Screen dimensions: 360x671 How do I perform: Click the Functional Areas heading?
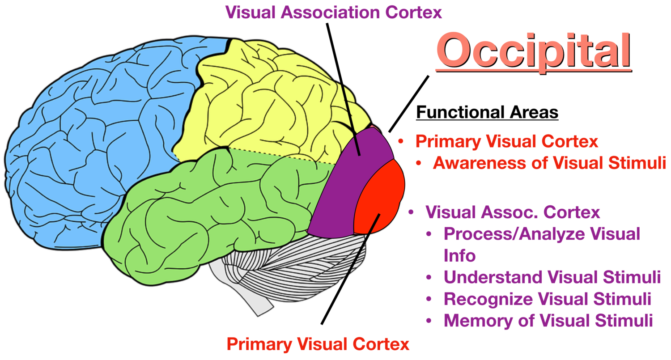click(487, 112)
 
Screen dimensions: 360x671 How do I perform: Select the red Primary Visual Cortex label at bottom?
click(318, 344)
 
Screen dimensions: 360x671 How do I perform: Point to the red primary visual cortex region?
click(380, 197)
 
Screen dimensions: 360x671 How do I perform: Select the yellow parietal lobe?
click(268, 103)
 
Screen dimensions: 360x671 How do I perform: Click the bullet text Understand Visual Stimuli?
click(552, 277)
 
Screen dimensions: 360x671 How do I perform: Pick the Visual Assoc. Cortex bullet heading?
click(513, 212)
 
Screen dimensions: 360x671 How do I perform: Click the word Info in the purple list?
click(459, 255)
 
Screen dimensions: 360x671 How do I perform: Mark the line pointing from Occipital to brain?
click(409, 103)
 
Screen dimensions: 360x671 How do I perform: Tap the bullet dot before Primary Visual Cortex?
click(401, 142)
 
